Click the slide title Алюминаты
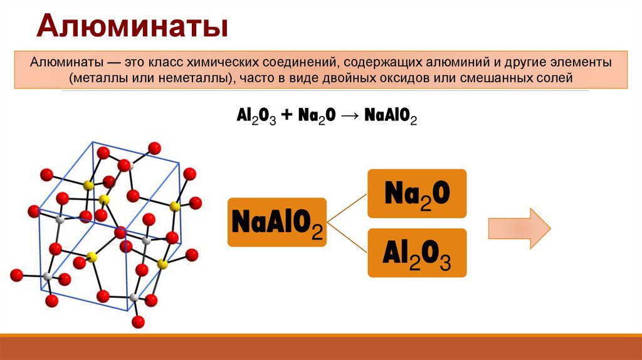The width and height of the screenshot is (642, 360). (131, 28)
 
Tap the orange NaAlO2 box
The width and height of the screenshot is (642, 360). (276, 221)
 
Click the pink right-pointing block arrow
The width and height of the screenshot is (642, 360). (520, 228)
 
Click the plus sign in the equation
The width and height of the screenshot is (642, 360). (286, 117)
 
